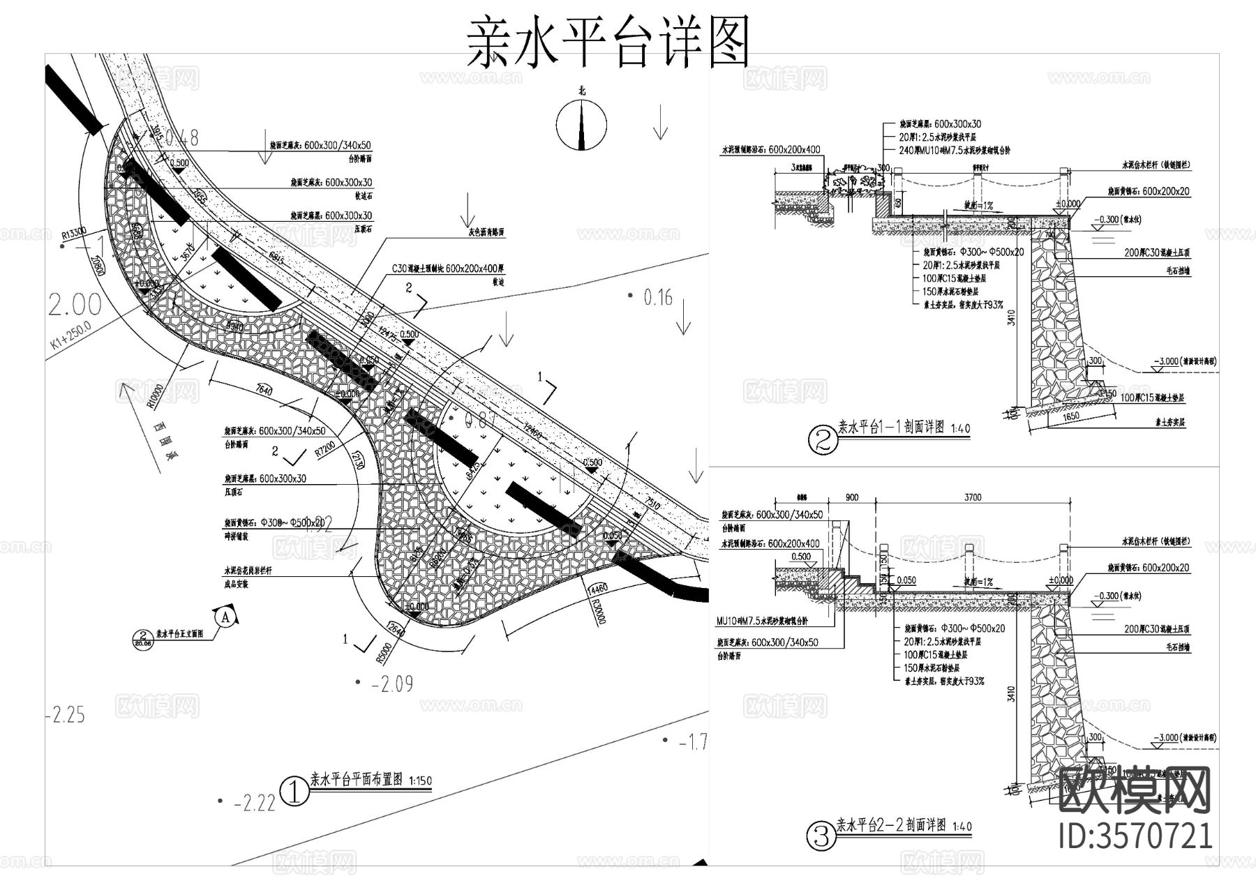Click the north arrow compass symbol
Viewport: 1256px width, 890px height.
pyautogui.click(x=581, y=125)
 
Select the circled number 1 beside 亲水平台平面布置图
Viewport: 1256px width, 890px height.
pyautogui.click(x=294, y=792)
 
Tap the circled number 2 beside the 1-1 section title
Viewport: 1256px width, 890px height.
pyautogui.click(x=821, y=439)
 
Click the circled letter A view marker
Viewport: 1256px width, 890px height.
pyautogui.click(x=225, y=617)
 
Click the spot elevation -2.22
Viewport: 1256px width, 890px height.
pyautogui.click(x=253, y=804)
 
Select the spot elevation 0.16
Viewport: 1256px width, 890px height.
pyautogui.click(x=657, y=298)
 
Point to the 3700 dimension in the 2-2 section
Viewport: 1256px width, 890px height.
pyautogui.click(x=973, y=497)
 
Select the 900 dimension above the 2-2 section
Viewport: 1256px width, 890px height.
pyautogui.click(x=852, y=497)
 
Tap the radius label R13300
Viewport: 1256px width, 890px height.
pyautogui.click(x=73, y=233)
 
